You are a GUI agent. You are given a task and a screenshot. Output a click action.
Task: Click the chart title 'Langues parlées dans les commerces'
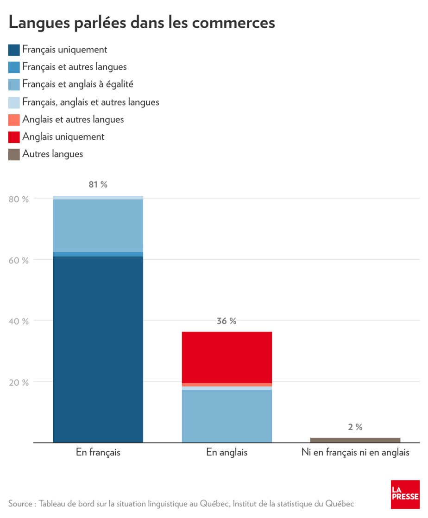click(142, 23)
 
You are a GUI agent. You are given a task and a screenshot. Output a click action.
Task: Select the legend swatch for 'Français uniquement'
click(14, 50)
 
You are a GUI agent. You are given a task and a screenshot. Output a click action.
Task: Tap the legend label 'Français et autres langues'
click(74, 67)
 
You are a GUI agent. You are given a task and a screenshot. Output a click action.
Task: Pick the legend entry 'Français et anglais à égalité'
click(78, 84)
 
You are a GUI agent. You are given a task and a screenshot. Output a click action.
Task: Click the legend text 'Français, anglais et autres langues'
click(91, 102)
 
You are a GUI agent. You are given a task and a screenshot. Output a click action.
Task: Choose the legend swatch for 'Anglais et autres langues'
click(14, 120)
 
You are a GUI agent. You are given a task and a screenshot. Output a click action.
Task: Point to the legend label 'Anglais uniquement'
click(63, 137)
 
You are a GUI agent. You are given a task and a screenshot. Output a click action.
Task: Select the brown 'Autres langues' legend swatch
click(14, 155)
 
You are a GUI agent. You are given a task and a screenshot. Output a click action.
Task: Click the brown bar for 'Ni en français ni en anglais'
click(355, 440)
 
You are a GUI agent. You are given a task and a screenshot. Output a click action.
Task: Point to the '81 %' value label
click(98, 185)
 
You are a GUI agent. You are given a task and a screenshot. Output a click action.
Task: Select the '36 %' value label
click(227, 321)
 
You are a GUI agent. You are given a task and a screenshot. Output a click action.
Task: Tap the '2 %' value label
click(355, 427)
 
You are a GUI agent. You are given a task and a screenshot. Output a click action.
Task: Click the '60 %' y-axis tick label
click(19, 260)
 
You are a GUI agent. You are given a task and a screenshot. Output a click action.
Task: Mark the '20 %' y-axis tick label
click(19, 382)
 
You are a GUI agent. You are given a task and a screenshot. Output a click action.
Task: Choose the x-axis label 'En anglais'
click(227, 452)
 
